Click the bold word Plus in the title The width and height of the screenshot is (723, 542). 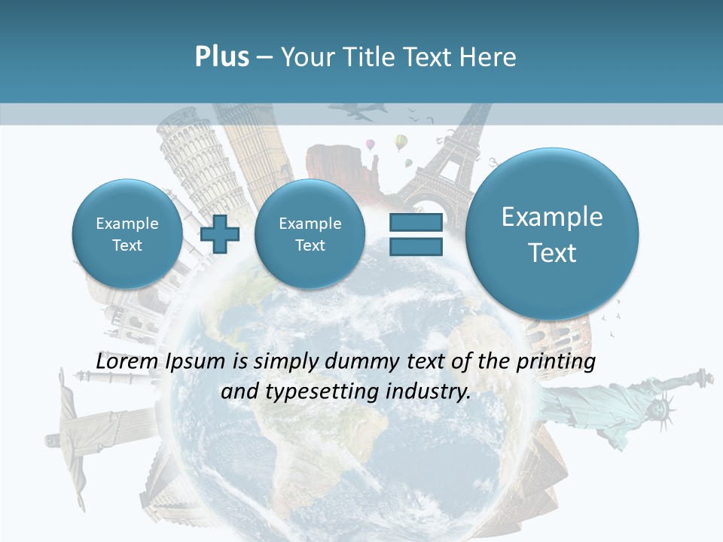221,57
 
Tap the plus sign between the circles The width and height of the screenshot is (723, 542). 220,234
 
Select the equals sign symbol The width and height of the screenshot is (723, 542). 416,234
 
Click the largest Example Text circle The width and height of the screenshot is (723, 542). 552,234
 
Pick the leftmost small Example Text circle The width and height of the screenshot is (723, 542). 127,234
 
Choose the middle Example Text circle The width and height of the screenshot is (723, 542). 310,234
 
